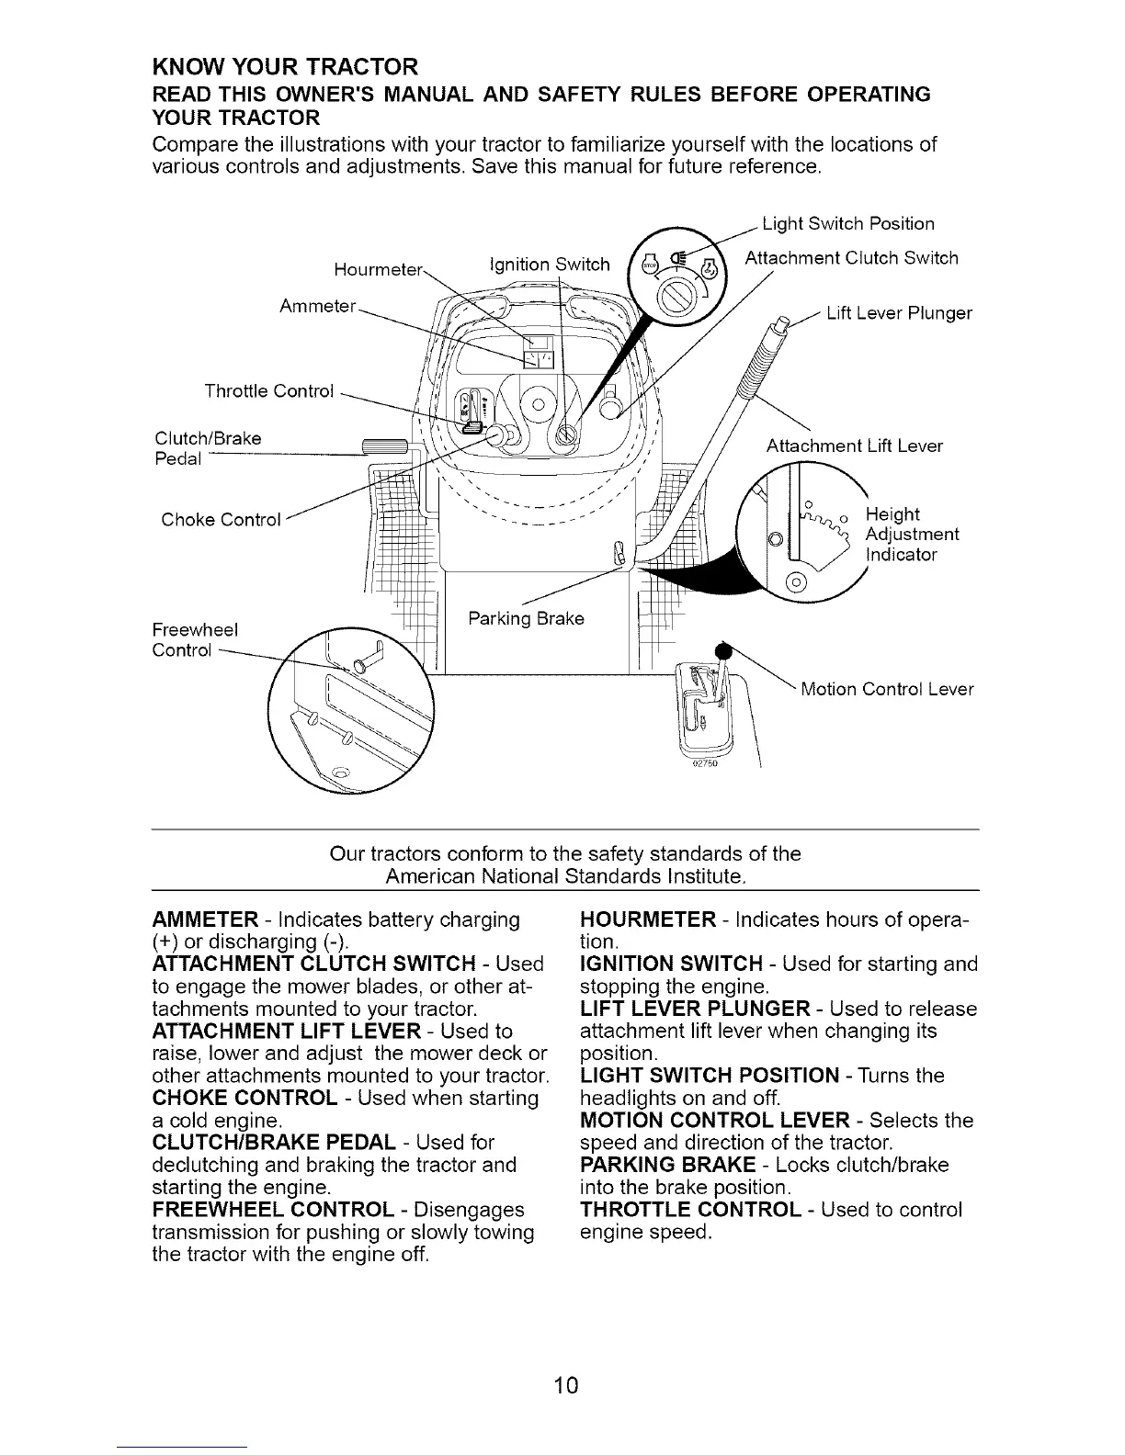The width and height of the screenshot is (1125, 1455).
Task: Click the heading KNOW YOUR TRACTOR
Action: tap(286, 68)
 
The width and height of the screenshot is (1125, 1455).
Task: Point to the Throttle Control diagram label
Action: tap(268, 391)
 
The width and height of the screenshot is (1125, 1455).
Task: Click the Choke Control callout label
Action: tap(221, 520)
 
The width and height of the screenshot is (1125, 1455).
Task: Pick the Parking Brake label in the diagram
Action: tap(526, 618)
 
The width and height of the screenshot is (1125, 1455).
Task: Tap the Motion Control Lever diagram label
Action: tap(887, 689)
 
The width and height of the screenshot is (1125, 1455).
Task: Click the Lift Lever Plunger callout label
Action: tap(899, 313)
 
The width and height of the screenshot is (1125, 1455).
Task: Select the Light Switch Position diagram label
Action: tap(848, 224)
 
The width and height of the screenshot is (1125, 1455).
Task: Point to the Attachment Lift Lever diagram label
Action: tap(855, 446)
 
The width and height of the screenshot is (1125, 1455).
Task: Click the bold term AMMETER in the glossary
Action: tap(205, 919)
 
